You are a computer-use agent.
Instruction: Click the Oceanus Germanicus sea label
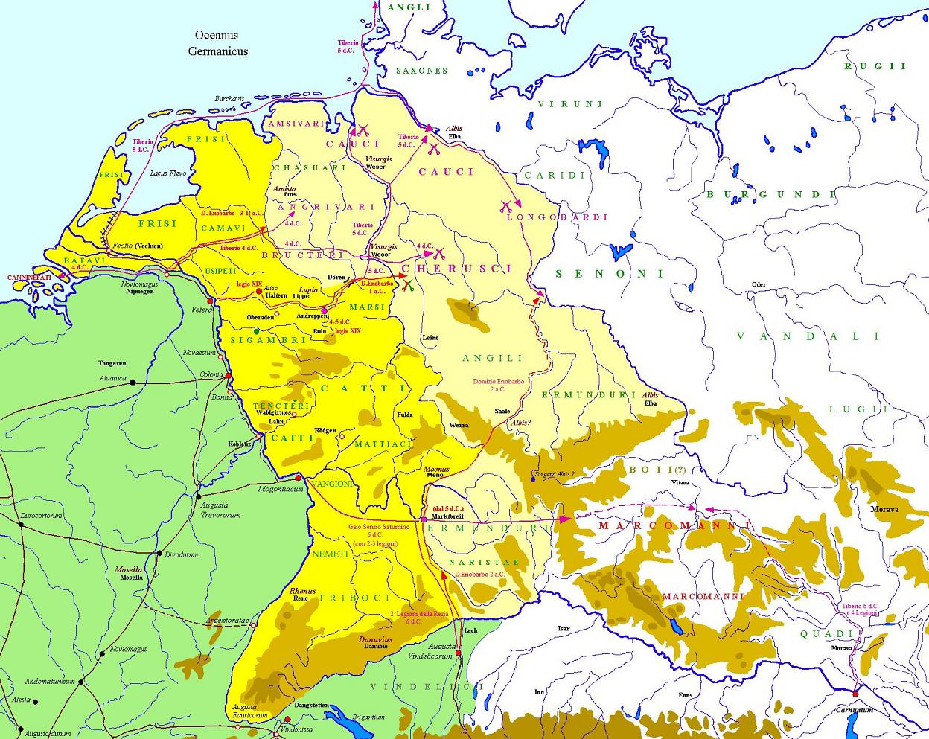coord(217,43)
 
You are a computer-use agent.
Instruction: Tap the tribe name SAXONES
coord(421,71)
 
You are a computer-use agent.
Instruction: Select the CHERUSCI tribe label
coord(457,268)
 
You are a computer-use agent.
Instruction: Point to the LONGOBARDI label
coord(557,217)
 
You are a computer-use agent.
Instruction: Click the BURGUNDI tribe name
coord(770,195)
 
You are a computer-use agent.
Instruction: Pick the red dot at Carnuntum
coord(856,694)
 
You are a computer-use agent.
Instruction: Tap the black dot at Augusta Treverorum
coord(199,496)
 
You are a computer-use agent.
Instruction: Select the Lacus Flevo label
coord(167,173)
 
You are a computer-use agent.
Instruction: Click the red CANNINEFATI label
coord(30,278)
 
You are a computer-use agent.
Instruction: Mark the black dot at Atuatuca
coord(133,383)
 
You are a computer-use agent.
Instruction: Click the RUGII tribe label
coord(875,66)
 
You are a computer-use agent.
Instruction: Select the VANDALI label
coord(797,336)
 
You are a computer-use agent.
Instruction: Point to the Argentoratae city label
coord(228,620)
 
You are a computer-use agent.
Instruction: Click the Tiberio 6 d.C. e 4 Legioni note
coord(860,610)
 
